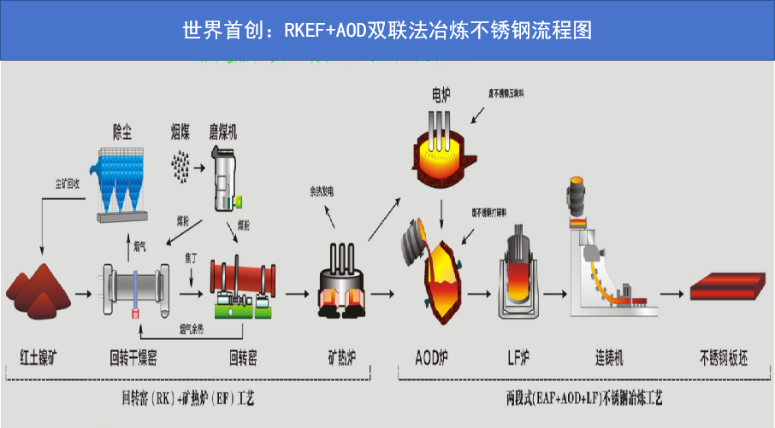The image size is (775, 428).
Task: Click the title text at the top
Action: (387, 31)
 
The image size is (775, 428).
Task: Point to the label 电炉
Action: (441, 92)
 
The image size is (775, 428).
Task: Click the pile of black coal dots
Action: (180, 166)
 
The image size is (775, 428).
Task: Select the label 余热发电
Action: (322, 192)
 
